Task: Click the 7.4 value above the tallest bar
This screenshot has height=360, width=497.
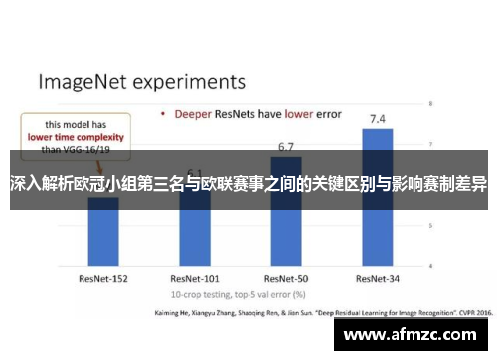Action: [378, 119]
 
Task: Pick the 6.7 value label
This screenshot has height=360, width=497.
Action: [286, 147]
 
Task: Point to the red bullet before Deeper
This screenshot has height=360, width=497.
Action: [163, 113]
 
